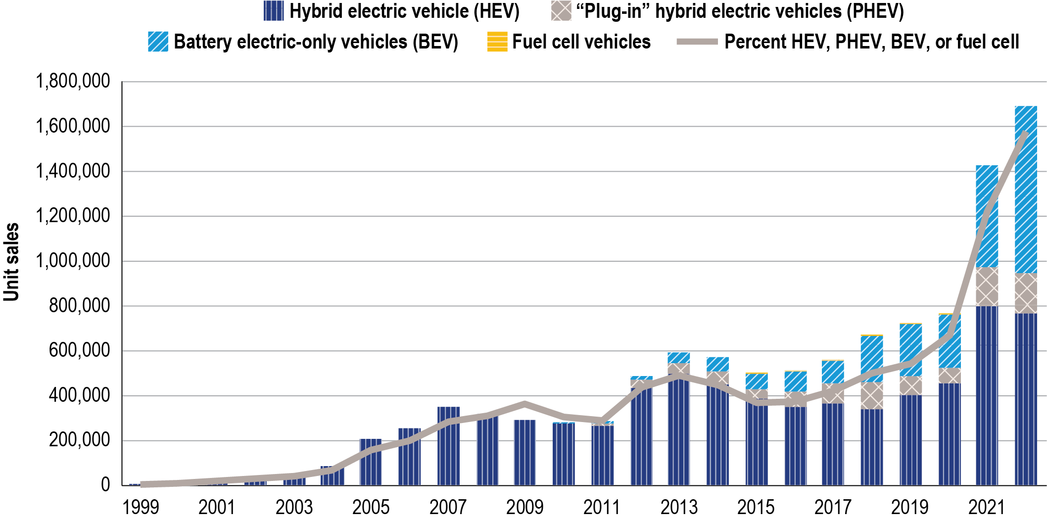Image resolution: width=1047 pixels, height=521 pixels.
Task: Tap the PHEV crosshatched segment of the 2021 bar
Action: coord(987,287)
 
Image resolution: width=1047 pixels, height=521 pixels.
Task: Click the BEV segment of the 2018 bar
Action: coord(872,358)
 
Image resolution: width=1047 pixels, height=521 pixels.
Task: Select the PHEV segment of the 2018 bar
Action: coord(872,395)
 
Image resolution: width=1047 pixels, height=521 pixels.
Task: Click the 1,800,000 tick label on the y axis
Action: coord(73,81)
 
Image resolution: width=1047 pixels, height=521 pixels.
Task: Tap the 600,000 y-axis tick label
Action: coord(79,351)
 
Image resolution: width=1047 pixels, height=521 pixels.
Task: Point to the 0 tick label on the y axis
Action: coord(105,485)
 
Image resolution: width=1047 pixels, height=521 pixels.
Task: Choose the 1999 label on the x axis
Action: coord(141,508)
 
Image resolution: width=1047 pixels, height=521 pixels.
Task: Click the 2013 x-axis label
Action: coord(679,508)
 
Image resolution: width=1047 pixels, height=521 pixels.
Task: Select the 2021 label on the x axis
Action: coord(987,508)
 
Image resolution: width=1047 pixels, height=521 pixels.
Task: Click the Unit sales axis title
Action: coord(11,262)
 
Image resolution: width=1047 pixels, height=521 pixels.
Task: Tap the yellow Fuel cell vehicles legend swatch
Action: coord(497,42)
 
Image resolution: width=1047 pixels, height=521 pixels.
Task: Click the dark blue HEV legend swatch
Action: coord(274,11)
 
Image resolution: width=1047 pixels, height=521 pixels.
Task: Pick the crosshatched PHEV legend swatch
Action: coord(561,11)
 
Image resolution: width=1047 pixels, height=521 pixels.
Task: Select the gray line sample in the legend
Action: coord(697,42)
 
